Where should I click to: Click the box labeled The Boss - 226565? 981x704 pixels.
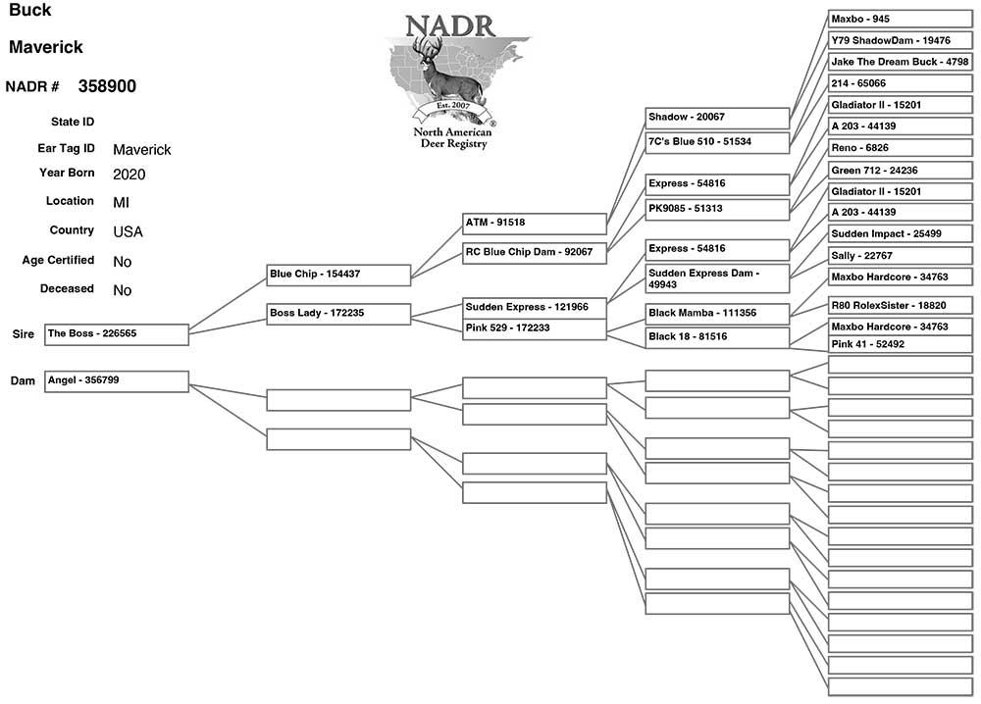[x=116, y=334]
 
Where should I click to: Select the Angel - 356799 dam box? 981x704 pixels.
[x=116, y=380]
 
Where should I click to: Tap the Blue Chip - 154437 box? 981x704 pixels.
[x=338, y=275]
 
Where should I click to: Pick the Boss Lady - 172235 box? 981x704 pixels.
[x=338, y=314]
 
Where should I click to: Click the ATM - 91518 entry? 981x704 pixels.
[x=535, y=224]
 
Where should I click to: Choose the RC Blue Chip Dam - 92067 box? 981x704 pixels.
[x=535, y=253]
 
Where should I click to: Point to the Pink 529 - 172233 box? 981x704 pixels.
[x=535, y=328]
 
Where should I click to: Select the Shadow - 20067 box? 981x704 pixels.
[x=717, y=118]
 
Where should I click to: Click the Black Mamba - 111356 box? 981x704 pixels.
[x=717, y=314]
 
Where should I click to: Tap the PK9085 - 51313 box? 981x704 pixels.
[x=717, y=209]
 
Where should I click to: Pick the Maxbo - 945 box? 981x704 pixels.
[x=900, y=19]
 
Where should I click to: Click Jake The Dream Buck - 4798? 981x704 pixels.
[x=900, y=62]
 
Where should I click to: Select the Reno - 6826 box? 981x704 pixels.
[x=900, y=148]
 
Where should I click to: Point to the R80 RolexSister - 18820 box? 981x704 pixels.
[x=900, y=306]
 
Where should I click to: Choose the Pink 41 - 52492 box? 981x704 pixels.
[x=900, y=344]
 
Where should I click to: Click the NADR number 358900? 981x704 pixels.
[x=107, y=86]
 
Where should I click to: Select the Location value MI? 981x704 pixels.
[x=121, y=203]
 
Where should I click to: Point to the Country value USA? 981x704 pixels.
[x=128, y=232]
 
